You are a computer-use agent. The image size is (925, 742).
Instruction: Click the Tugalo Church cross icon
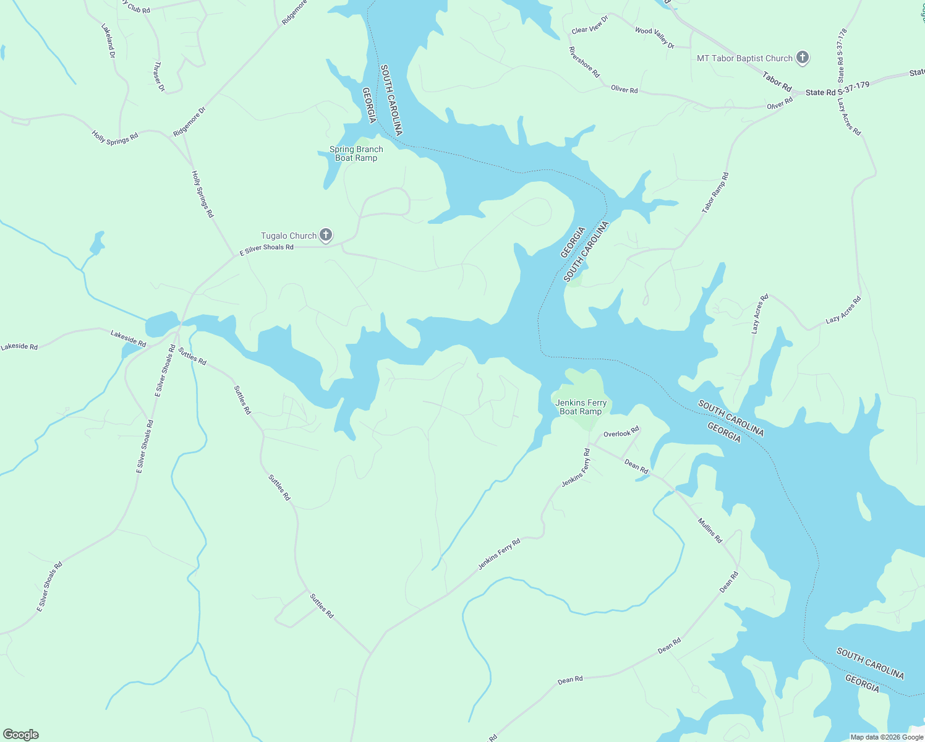[326, 236]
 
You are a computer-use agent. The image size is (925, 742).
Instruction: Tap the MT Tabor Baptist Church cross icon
[803, 58]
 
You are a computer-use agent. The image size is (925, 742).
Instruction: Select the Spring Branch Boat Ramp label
[356, 153]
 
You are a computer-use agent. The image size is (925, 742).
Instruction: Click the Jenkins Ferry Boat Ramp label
[581, 407]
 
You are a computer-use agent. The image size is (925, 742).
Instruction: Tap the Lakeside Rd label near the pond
[128, 338]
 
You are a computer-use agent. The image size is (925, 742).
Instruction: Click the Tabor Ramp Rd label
[715, 193]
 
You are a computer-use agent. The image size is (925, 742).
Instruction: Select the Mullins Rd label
[710, 531]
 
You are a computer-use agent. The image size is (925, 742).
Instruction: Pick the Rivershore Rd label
[584, 62]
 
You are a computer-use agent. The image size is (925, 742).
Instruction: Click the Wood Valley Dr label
[654, 38]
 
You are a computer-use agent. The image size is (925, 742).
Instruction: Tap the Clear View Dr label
[590, 25]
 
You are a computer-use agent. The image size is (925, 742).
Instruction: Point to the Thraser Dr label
[160, 77]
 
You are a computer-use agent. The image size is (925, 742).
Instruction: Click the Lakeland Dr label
[108, 41]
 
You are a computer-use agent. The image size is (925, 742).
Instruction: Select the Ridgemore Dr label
[189, 122]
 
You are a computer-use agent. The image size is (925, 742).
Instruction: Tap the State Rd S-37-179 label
[837, 89]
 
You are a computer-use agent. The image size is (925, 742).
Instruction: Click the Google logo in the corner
[20, 735]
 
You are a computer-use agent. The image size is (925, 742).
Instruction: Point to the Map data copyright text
[887, 737]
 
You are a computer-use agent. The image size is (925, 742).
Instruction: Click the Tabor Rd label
[777, 82]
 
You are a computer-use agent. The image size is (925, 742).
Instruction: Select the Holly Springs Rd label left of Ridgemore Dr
[115, 137]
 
